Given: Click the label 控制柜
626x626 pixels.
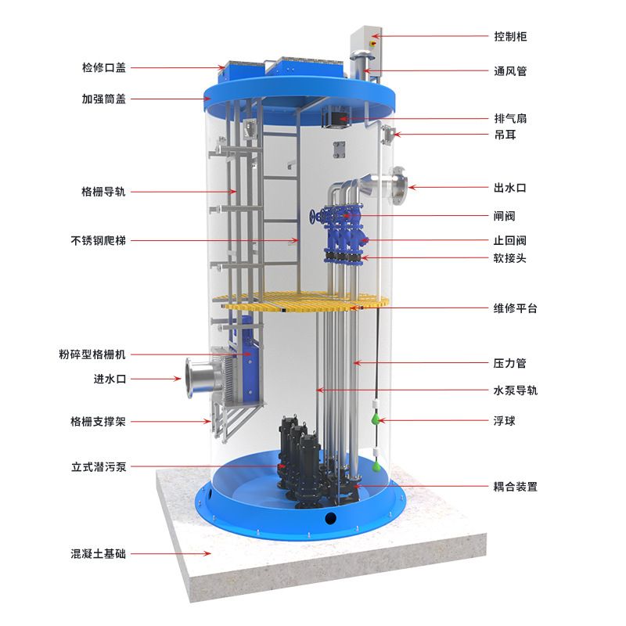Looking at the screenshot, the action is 510,37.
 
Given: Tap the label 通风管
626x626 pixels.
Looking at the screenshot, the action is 510,71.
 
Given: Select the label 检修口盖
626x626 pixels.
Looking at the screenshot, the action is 104,67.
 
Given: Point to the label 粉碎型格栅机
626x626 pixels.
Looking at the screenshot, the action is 92,354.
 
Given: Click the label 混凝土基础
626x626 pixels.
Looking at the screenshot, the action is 99,554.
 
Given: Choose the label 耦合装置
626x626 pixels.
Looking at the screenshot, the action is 516,487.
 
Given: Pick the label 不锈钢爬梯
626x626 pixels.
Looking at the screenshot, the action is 99,240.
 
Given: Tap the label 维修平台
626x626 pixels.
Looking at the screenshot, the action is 516,308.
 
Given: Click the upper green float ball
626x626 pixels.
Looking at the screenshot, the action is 376,419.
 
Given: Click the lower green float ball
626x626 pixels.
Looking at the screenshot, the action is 376,466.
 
